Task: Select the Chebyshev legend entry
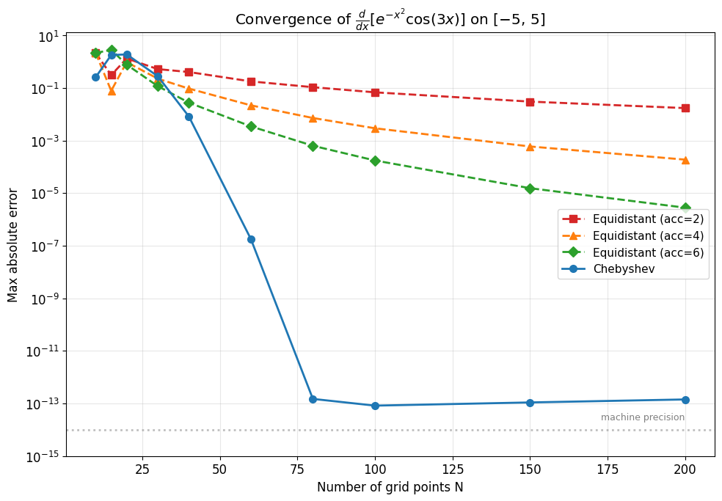pyautogui.click(x=624, y=269)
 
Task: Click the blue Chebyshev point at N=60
pyautogui.click(x=251, y=239)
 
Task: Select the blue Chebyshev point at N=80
pyautogui.click(x=313, y=399)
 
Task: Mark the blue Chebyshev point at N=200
pyautogui.click(x=685, y=400)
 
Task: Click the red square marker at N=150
pyautogui.click(x=530, y=102)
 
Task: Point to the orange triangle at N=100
pyautogui.click(x=375, y=128)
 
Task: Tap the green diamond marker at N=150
pyautogui.click(x=530, y=189)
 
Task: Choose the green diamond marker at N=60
pyautogui.click(x=251, y=126)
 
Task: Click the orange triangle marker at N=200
pyautogui.click(x=685, y=160)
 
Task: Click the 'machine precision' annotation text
pyautogui.click(x=642, y=417)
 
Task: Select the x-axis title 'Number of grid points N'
pyautogui.click(x=390, y=487)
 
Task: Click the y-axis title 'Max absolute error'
pyautogui.click(x=13, y=245)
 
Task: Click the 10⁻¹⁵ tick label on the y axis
pyautogui.click(x=43, y=456)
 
